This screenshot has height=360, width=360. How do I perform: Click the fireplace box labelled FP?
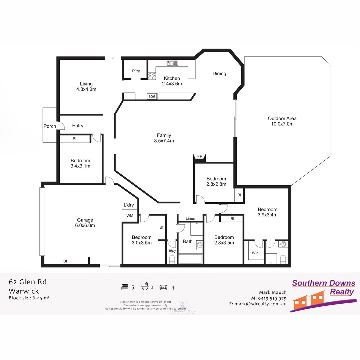[200, 157]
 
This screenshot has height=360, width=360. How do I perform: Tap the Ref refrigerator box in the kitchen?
[152, 96]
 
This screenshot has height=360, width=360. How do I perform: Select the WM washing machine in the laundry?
[130, 216]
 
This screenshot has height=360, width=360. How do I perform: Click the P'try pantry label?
[136, 71]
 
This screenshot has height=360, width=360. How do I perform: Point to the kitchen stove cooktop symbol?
[152, 76]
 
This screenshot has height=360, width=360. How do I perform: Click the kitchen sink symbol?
[172, 63]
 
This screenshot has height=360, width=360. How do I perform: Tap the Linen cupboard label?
[190, 218]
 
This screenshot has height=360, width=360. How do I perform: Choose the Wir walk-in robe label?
[255, 253]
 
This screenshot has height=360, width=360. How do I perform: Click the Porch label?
[50, 126]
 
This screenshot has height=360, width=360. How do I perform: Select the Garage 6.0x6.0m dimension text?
[85, 225]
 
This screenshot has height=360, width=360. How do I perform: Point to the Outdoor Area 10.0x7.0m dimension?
[282, 124]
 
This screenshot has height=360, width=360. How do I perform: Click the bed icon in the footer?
[125, 287]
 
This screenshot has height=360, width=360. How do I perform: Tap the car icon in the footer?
[163, 287]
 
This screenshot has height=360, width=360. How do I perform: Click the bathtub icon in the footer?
[145, 286]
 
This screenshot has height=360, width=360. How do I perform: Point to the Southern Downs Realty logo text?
[323, 287]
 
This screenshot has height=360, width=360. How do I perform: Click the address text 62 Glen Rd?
[28, 282]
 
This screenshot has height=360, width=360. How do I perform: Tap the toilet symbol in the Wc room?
[172, 259]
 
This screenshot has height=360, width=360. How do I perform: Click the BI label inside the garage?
[65, 261]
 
